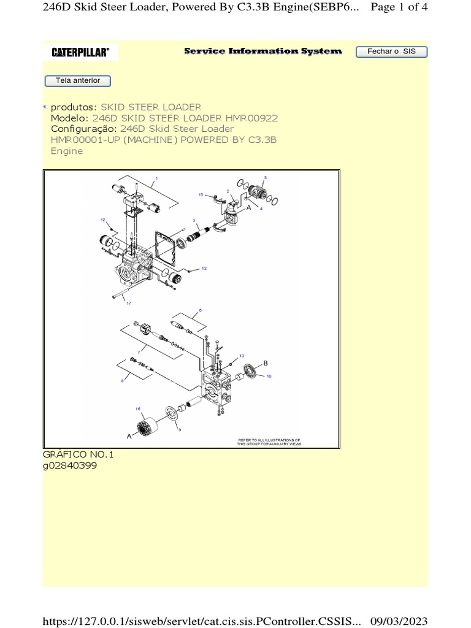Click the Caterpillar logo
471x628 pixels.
coord(80,53)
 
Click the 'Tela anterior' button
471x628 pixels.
coord(77,81)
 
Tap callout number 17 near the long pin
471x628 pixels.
coord(129,303)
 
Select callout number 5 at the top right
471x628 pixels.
coord(265,178)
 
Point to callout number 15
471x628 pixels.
coord(201,194)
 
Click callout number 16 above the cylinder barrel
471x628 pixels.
coord(138,408)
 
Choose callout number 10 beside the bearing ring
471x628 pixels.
coord(269,375)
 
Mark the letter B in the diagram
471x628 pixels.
coord(266,363)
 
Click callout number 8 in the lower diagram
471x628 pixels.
coord(122,381)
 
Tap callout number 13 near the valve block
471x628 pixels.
coord(242,356)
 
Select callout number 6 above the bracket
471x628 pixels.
coord(200,310)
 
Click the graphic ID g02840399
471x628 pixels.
coord(69,466)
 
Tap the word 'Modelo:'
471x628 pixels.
coord(70,118)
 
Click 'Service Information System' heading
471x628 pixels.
coord(263,52)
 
